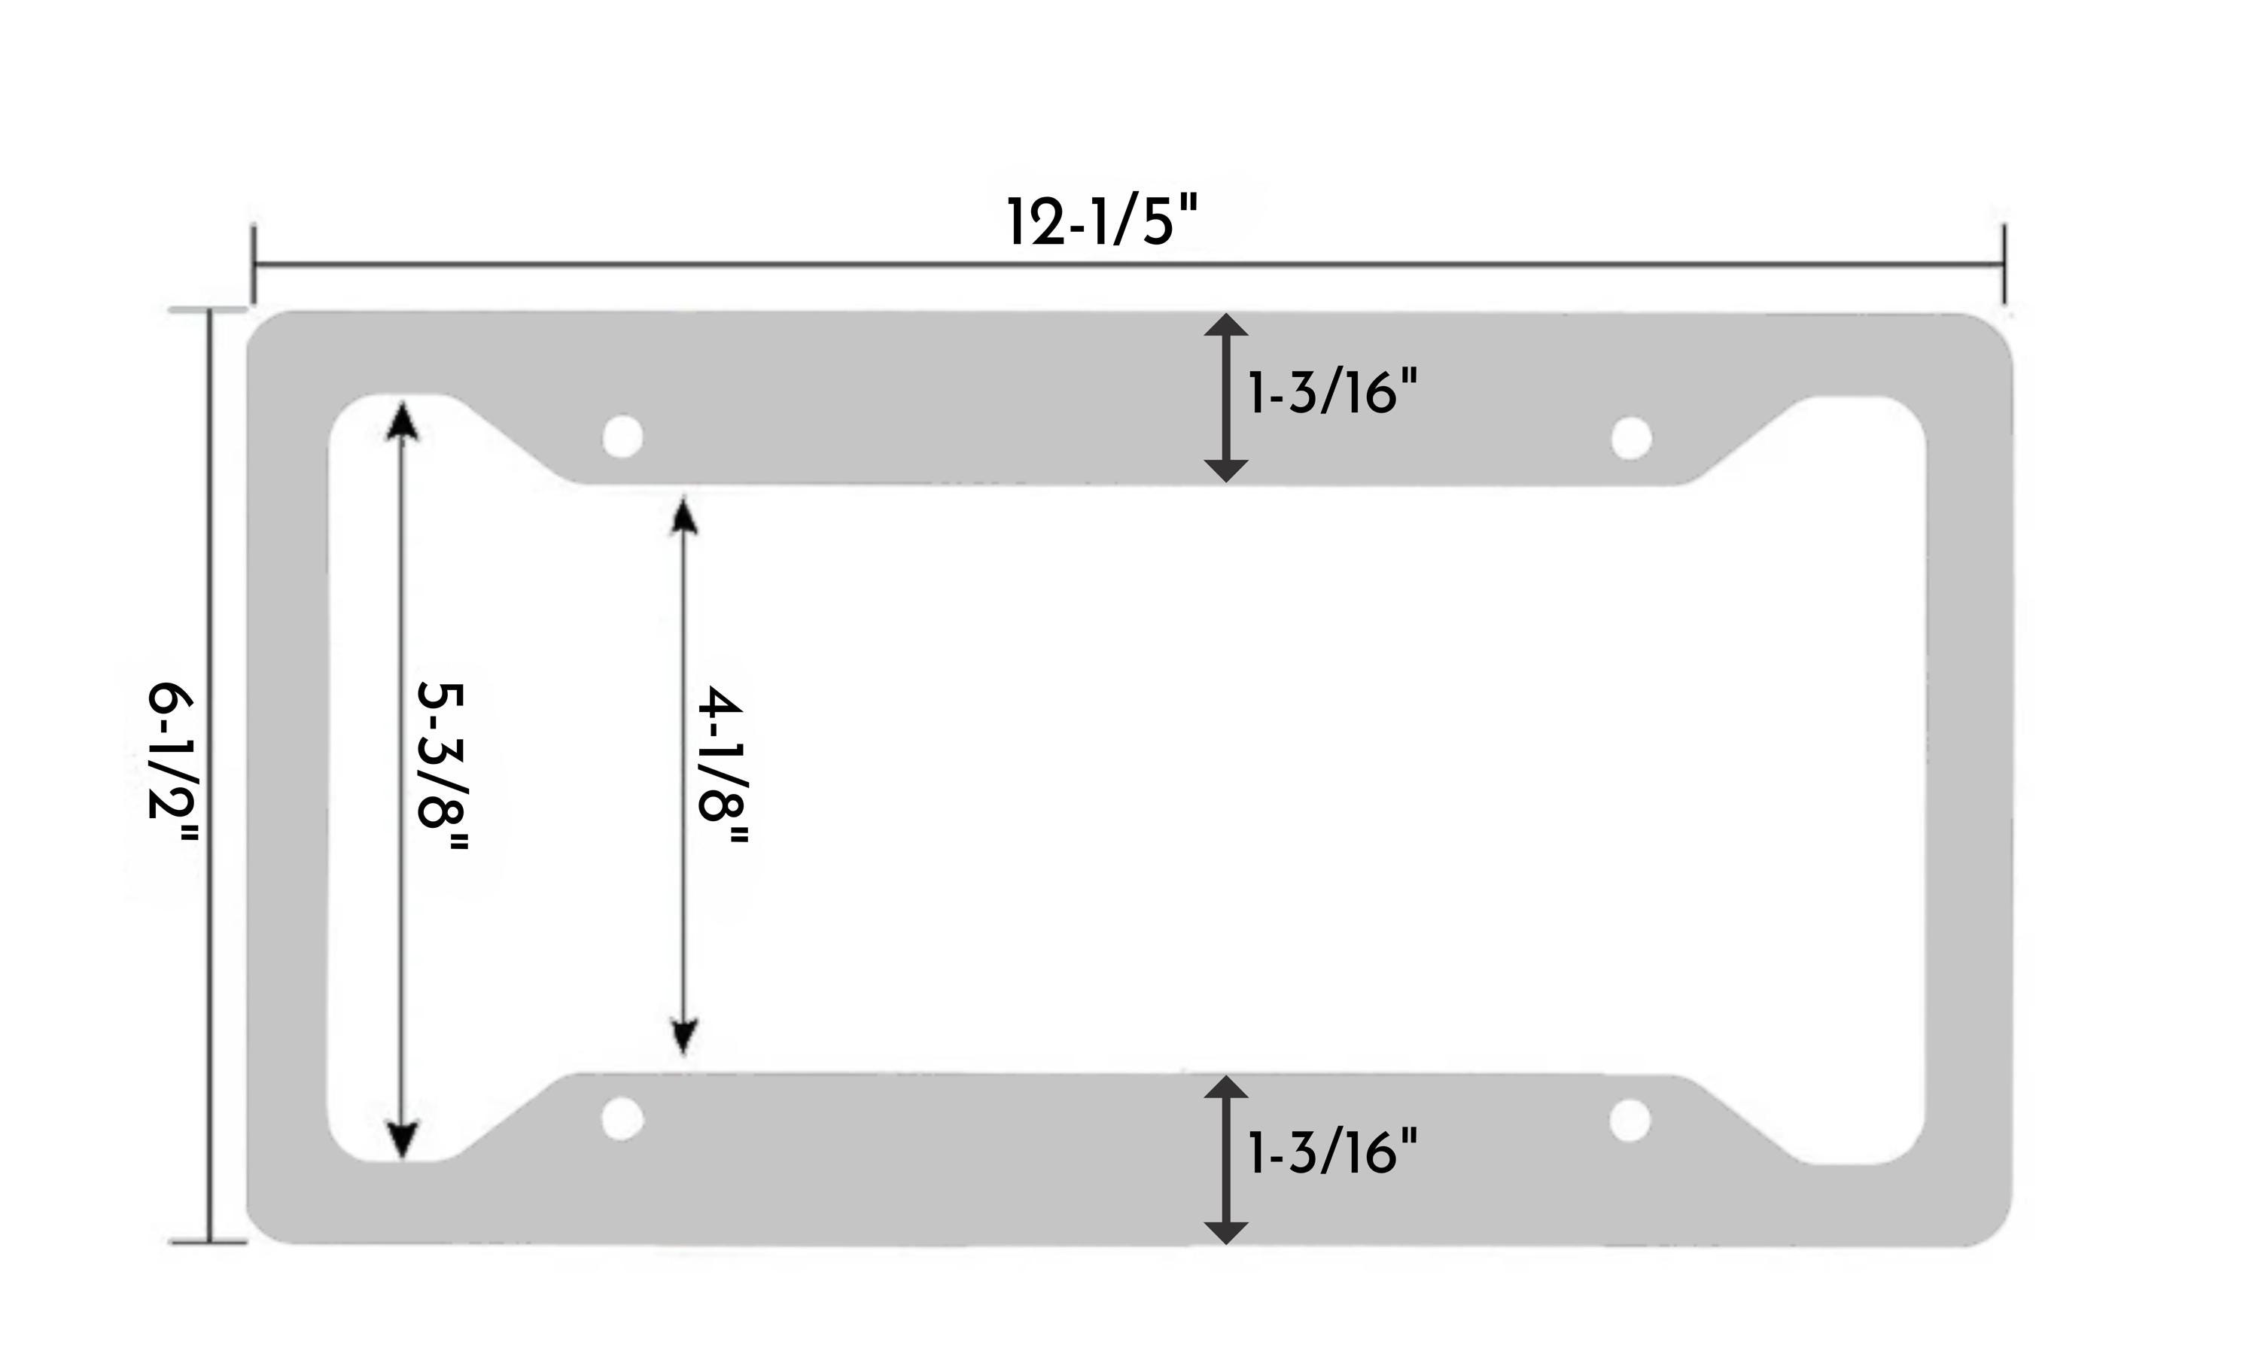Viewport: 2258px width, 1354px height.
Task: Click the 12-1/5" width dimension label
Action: pyautogui.click(x=1101, y=222)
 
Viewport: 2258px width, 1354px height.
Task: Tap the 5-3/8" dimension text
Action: pyautogui.click(x=442, y=766)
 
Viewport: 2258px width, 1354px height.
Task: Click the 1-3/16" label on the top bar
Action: pyautogui.click(x=1333, y=392)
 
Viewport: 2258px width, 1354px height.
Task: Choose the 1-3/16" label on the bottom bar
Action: pyautogui.click(x=1333, y=1152)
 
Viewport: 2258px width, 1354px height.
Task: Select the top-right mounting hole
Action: pyautogui.click(x=1631, y=438)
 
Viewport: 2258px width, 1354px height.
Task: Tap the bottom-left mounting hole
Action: pyautogui.click(x=622, y=1118)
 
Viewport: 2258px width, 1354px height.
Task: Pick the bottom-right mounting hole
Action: pyautogui.click(x=1630, y=1121)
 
